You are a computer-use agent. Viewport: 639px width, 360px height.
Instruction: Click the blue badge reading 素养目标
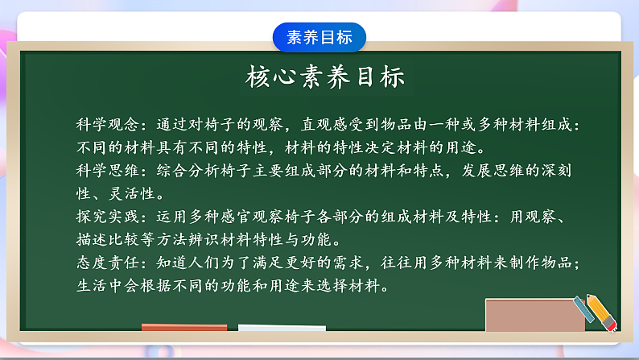[319, 37]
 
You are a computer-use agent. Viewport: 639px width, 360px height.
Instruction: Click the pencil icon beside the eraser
[595, 311]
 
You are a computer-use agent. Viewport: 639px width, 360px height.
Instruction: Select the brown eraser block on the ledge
[534, 315]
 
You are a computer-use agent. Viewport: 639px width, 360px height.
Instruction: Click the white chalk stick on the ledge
[282, 328]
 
